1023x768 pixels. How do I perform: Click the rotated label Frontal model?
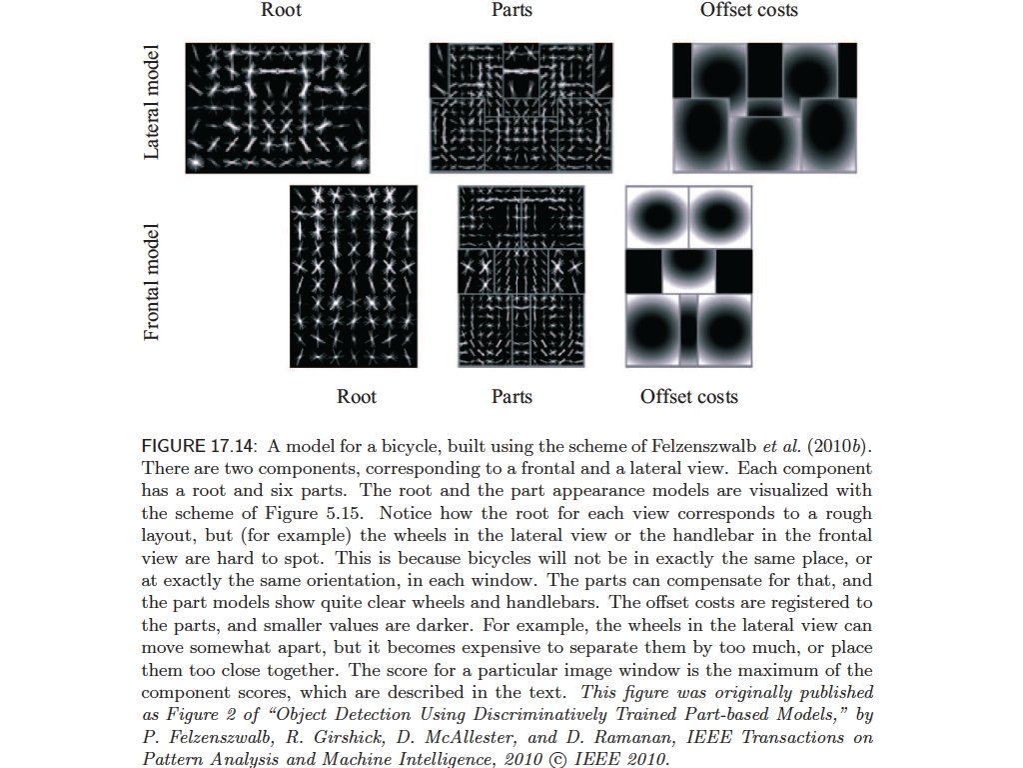pos(152,282)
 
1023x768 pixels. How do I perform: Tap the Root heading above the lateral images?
pos(281,11)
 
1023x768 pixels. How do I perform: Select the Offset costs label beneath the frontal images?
pos(688,396)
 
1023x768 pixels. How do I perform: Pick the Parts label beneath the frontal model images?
pos(511,396)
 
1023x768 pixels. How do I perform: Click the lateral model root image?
pos(277,108)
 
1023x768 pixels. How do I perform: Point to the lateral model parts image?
pos(512,108)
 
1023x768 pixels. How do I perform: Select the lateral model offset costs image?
pos(764,108)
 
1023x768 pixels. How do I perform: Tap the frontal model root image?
pos(353,276)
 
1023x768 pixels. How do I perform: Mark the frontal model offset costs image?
pos(688,276)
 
